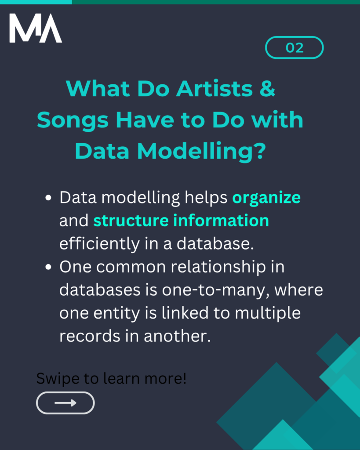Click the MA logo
click(x=36, y=28)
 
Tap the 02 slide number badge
click(x=294, y=47)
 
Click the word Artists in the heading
click(x=215, y=88)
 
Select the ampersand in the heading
click(x=267, y=88)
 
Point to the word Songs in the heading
click(x=73, y=120)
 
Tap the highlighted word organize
click(x=266, y=198)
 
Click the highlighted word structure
click(x=131, y=221)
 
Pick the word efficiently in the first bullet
click(x=99, y=244)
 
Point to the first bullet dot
click(x=48, y=198)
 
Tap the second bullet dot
click(x=48, y=267)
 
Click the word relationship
click(x=218, y=267)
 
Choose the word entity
click(x=116, y=313)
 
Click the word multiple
click(x=268, y=313)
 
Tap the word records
click(x=90, y=336)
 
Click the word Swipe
click(x=58, y=379)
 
